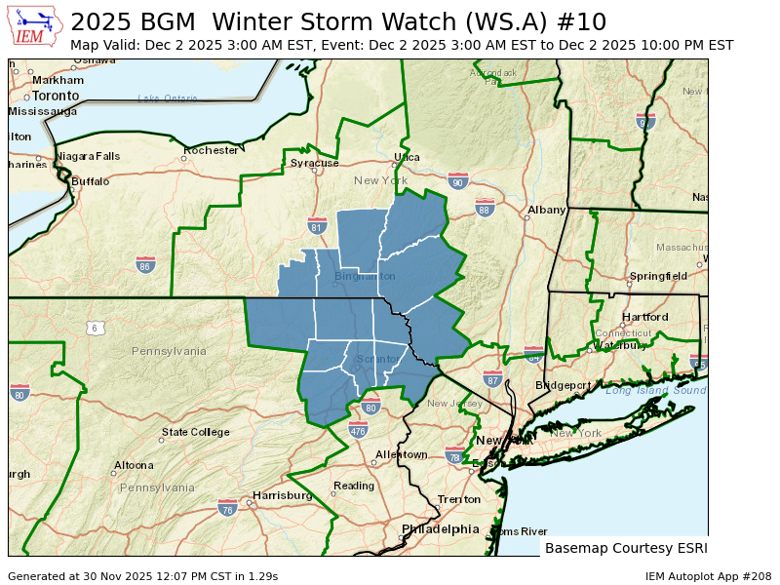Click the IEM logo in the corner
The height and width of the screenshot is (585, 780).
click(x=35, y=27)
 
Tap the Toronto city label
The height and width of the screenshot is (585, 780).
click(x=55, y=97)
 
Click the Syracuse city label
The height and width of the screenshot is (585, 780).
click(x=314, y=163)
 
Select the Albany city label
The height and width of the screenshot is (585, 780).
click(x=546, y=210)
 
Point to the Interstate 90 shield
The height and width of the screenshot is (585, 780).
click(x=458, y=181)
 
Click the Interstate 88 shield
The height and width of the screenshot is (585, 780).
click(x=485, y=208)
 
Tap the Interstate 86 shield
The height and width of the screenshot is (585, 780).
click(x=145, y=264)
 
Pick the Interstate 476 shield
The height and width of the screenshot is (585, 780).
click(x=358, y=430)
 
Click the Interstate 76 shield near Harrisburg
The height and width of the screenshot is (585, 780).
click(x=227, y=507)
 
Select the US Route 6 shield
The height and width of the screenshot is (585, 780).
click(x=95, y=328)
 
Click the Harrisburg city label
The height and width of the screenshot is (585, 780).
click(x=282, y=495)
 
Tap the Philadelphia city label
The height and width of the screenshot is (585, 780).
click(x=441, y=529)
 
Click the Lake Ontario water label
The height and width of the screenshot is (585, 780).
click(x=168, y=97)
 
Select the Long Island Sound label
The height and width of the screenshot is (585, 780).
click(x=654, y=390)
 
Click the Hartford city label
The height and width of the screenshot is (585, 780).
click(x=645, y=317)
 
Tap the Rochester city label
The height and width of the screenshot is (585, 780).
click(x=212, y=150)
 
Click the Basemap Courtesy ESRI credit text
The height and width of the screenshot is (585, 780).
click(x=625, y=548)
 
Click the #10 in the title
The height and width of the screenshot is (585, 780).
click(x=586, y=21)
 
